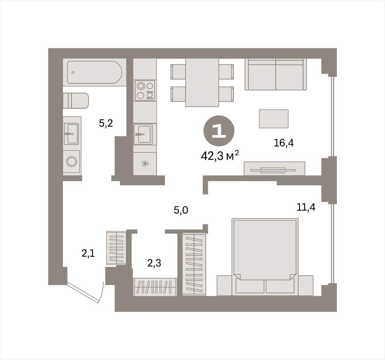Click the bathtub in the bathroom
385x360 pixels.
click(94, 73)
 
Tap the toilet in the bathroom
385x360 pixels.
click(76, 100)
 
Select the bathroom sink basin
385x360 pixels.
click(72, 134)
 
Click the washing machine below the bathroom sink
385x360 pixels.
click(72, 161)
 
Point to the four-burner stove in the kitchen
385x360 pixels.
click(145, 90)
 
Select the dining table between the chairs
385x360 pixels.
click(202, 82)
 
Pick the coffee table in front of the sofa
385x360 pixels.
click(274, 119)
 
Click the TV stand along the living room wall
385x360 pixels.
click(274, 169)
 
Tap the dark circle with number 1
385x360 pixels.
click(219, 131)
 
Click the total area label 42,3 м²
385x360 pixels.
click(220, 156)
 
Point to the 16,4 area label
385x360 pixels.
click(283, 143)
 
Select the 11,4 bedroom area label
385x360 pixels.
click(306, 208)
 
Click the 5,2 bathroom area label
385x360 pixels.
click(106, 123)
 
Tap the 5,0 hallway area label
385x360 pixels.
click(181, 210)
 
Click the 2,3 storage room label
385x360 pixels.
click(154, 263)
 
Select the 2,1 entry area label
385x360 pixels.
click(88, 253)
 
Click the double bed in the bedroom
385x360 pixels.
click(265, 257)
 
